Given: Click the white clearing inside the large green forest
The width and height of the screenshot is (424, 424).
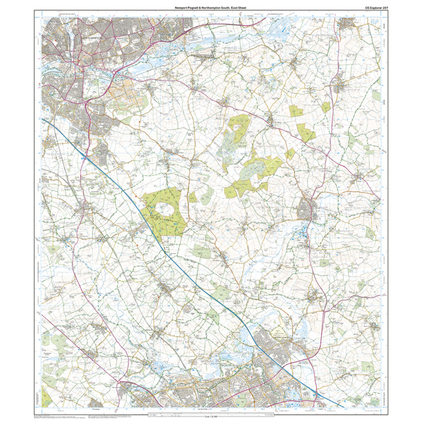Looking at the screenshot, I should pos(164,210).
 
